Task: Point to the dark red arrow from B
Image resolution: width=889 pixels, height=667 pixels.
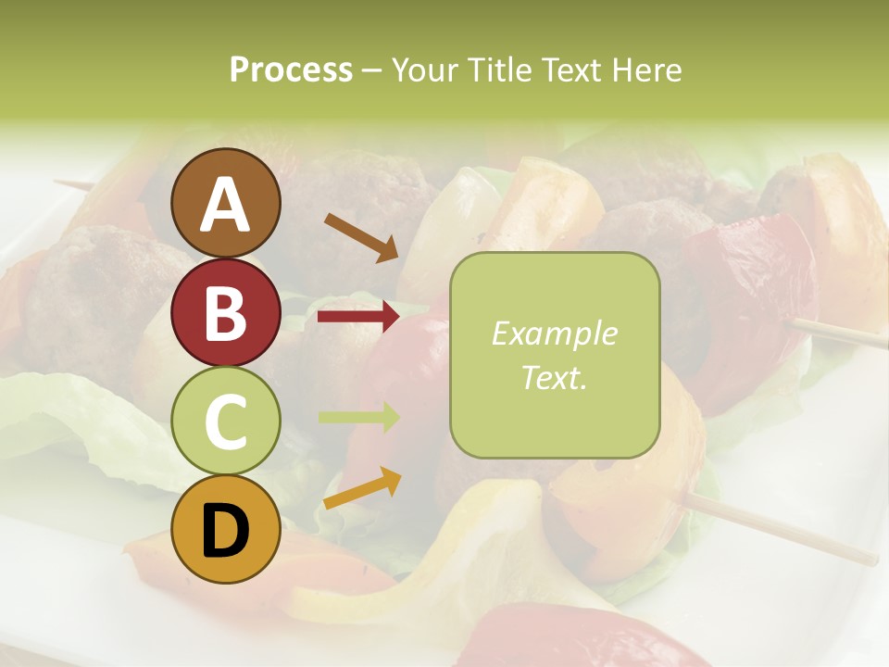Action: (x=357, y=317)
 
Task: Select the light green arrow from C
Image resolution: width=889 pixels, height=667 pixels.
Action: (x=358, y=417)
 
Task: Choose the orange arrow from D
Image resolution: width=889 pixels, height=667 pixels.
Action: (x=362, y=488)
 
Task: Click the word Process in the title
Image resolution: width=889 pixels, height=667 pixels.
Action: (x=291, y=70)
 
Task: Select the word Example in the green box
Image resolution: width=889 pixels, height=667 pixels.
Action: (x=555, y=333)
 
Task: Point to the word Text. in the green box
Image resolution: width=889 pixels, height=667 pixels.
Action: (x=555, y=377)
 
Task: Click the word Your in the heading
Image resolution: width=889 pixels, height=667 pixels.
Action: (x=422, y=70)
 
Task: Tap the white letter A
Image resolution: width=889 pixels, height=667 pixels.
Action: (x=225, y=205)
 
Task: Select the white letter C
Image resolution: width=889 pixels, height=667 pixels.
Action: (x=225, y=422)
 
